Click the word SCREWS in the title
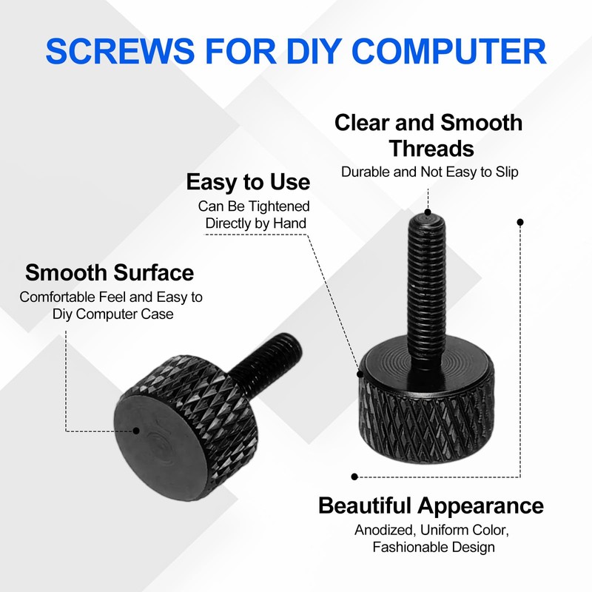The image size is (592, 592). [120, 50]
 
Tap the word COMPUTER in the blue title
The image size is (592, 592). [449, 50]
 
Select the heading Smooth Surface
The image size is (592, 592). [110, 272]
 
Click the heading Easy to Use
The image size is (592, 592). [248, 182]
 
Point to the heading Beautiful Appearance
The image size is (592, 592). [431, 506]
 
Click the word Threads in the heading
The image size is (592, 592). [431, 148]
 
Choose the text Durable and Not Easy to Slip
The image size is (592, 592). [430, 172]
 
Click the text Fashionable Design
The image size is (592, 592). [434, 547]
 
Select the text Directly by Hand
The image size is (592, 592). [255, 223]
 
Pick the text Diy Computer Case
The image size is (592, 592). [113, 314]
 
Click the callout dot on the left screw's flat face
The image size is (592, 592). [136, 431]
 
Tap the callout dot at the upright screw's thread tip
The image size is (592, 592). [428, 212]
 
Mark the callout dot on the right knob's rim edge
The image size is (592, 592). [360, 374]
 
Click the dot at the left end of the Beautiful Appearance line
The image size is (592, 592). [354, 477]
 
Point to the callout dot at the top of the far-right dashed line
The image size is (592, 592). [520, 223]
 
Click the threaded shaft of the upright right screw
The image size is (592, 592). [427, 291]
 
